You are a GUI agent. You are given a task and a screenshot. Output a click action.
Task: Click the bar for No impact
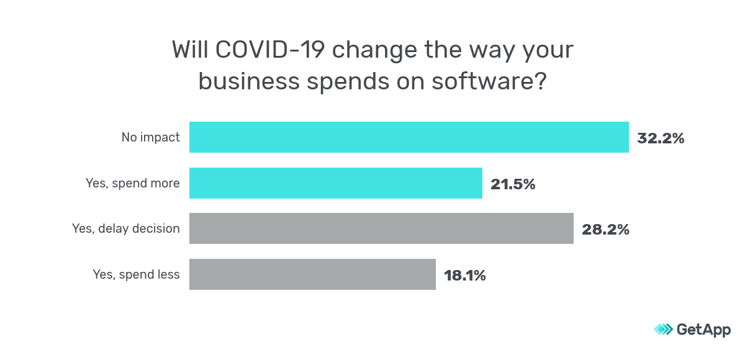pyautogui.click(x=409, y=137)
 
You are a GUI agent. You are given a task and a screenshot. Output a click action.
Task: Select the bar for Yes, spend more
pyautogui.click(x=335, y=183)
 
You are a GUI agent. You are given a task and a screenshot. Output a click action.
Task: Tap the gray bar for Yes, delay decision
pyautogui.click(x=381, y=228)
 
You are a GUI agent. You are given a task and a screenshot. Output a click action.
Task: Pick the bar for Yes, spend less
pyautogui.click(x=312, y=274)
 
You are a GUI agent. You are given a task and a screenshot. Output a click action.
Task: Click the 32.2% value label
pyautogui.click(x=661, y=138)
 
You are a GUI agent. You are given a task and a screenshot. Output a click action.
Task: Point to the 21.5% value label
pyautogui.click(x=513, y=184)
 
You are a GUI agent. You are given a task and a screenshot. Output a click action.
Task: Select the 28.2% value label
pyautogui.click(x=605, y=230)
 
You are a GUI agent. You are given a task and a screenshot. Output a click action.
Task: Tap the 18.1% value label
pyautogui.click(x=464, y=275)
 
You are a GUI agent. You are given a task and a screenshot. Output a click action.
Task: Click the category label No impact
pyautogui.click(x=150, y=138)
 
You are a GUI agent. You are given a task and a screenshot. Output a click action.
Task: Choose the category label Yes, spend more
pyautogui.click(x=132, y=183)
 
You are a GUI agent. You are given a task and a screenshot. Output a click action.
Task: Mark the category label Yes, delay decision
pyautogui.click(x=126, y=228)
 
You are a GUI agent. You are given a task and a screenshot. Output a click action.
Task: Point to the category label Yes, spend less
pyautogui.click(x=136, y=274)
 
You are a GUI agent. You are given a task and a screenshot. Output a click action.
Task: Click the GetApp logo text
pyautogui.click(x=703, y=330)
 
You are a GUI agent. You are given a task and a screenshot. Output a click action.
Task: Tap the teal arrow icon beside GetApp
pyautogui.click(x=663, y=330)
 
